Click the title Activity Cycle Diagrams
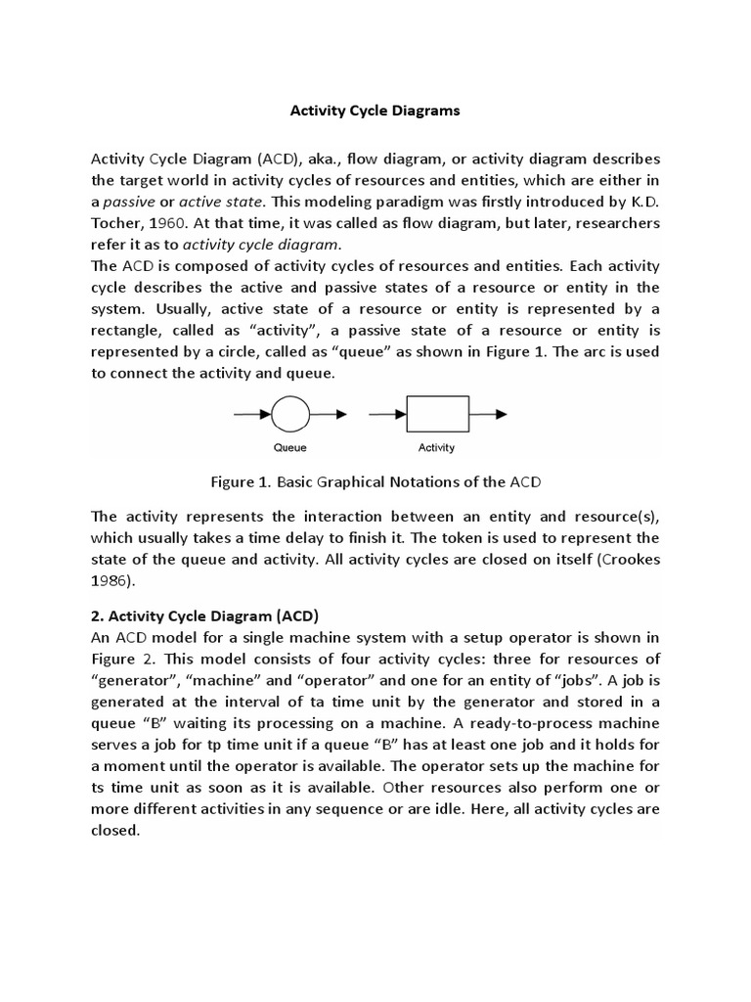(x=375, y=111)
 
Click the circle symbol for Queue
(x=289, y=415)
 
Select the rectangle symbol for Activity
(x=437, y=415)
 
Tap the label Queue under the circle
(x=289, y=448)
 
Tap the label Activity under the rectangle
(x=437, y=448)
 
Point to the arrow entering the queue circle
(x=251, y=415)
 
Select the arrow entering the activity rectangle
(x=386, y=415)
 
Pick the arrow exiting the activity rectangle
(x=488, y=415)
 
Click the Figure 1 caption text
(x=375, y=481)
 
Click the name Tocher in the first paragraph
(x=115, y=223)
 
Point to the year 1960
(x=166, y=223)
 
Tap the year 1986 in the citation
(x=109, y=580)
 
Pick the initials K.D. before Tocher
(x=643, y=202)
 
